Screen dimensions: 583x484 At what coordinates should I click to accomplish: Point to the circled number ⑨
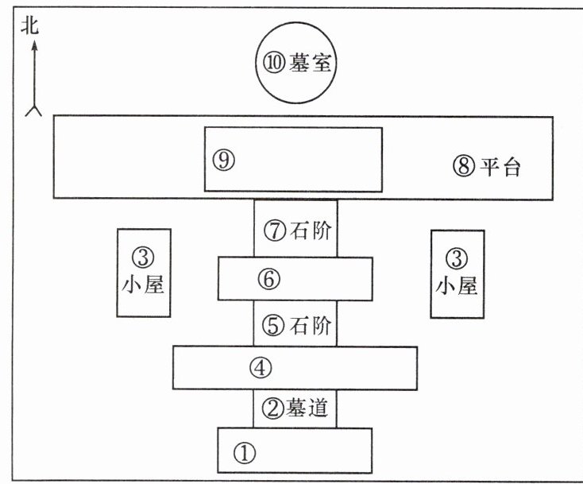tap(222, 160)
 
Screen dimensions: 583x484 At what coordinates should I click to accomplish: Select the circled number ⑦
tap(274, 232)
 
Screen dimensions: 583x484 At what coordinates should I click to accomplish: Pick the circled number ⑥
tap(269, 279)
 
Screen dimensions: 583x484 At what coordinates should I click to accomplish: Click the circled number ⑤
tap(274, 326)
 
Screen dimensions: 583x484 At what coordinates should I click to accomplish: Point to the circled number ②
tap(274, 410)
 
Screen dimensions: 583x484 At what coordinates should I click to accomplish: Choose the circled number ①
tap(244, 453)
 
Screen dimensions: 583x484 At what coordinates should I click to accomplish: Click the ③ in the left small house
tap(144, 257)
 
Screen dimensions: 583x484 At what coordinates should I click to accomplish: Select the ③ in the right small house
tap(457, 257)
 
